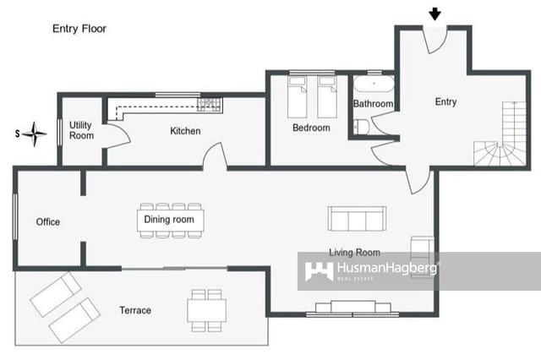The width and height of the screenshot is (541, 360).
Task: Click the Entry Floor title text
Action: tap(79, 28)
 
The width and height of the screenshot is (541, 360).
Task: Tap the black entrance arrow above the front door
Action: tap(435, 14)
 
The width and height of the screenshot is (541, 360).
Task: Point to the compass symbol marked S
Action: tap(35, 134)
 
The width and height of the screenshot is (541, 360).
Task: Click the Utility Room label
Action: tap(81, 130)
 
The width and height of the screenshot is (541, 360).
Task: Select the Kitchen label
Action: tap(185, 131)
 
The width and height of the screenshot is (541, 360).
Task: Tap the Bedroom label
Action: tap(311, 128)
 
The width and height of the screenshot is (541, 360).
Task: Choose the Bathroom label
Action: tap(373, 104)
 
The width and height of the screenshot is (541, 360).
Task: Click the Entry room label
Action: tap(445, 102)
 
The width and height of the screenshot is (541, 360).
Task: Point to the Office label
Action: tap(48, 222)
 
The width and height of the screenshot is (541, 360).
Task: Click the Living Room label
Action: tap(354, 253)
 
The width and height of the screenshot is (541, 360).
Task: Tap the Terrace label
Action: tap(135, 311)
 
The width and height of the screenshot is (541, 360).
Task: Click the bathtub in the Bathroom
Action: tap(372, 85)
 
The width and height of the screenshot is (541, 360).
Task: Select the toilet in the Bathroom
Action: tap(361, 127)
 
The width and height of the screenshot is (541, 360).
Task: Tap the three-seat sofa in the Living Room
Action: tap(354, 220)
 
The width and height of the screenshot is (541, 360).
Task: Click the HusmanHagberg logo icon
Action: tap(319, 271)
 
